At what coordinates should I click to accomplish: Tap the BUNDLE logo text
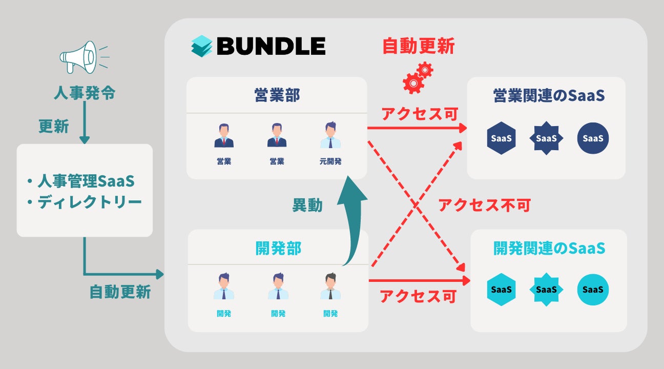271,46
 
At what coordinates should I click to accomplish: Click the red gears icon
418,77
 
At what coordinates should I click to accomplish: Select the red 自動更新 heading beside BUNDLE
419,46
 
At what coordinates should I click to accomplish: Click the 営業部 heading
277,95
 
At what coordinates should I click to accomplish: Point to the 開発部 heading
278,248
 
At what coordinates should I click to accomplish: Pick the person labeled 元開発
330,136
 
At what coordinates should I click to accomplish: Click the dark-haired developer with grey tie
330,287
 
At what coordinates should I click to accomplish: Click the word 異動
307,205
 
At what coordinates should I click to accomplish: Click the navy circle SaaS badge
593,138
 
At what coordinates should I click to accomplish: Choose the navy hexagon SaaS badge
502,138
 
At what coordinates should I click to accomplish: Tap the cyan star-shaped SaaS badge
546,290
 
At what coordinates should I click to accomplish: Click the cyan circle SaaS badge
593,290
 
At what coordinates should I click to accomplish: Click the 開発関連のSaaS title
549,249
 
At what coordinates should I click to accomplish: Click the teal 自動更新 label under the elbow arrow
120,292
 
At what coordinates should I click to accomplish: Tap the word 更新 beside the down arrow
53,126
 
